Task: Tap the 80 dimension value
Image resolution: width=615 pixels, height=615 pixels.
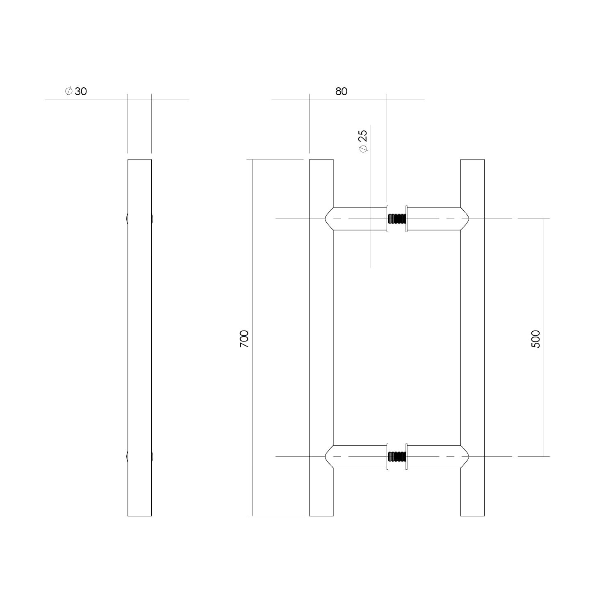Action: [x=341, y=91]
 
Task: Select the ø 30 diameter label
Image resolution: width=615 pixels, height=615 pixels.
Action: [x=76, y=91]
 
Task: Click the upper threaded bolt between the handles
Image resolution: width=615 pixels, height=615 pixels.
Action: [x=396, y=219]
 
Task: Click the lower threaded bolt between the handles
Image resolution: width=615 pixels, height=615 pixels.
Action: [x=396, y=456]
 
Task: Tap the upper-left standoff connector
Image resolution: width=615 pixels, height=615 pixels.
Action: [x=357, y=219]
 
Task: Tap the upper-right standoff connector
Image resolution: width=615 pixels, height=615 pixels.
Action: [x=436, y=219]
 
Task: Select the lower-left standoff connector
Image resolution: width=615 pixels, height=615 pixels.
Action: [x=357, y=456]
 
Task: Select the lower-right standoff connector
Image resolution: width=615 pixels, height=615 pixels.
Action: [x=436, y=456]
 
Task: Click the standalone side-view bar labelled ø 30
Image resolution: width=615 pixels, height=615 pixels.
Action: [x=139, y=336]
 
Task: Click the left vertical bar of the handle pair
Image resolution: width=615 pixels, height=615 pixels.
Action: [x=321, y=336]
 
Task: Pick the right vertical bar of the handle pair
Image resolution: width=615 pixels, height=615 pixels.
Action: [x=472, y=336]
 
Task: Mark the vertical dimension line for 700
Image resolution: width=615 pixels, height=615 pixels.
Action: [x=252, y=410]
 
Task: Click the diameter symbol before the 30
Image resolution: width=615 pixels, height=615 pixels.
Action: [x=69, y=91]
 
